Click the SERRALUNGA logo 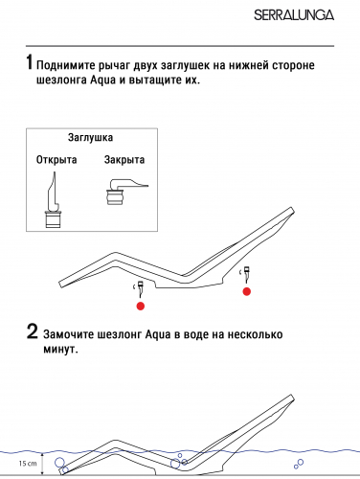294,15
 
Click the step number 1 30,62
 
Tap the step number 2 33,331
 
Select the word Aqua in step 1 102,80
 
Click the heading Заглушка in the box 90,138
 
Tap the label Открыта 56,159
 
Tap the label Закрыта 124,159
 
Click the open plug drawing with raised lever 54,200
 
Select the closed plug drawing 126,192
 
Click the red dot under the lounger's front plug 141,306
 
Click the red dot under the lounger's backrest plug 247,291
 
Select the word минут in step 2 60,350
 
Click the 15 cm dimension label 28,464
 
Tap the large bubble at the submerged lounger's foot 59,462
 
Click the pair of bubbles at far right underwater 299,464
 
